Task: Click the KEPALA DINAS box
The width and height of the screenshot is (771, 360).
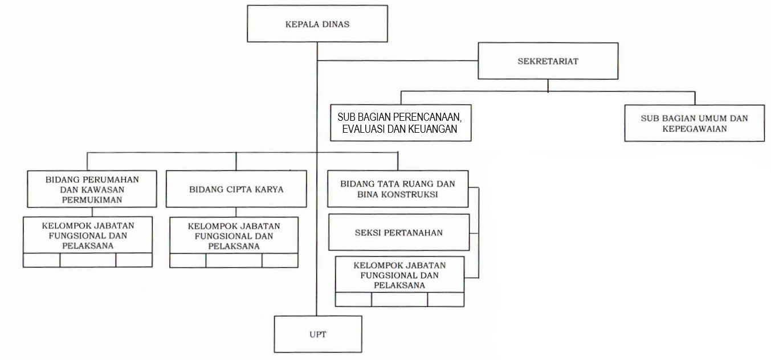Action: click(x=317, y=24)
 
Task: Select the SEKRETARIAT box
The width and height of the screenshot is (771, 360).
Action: click(x=548, y=61)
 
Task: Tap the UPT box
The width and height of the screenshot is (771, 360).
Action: click(x=318, y=334)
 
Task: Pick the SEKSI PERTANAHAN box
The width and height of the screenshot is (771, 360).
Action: click(x=399, y=232)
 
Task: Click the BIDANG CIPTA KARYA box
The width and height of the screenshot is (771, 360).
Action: click(x=236, y=189)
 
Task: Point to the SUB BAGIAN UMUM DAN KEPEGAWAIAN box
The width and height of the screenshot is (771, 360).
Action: click(x=695, y=123)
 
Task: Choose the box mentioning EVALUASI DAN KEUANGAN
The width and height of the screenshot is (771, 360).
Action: click(x=401, y=123)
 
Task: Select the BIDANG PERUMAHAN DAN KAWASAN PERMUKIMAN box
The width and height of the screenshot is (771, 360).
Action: click(x=92, y=189)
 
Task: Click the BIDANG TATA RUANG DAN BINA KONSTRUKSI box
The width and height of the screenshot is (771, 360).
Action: click(x=398, y=189)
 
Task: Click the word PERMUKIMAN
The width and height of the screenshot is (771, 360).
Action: click(x=92, y=200)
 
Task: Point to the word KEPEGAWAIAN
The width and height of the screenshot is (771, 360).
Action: click(x=695, y=129)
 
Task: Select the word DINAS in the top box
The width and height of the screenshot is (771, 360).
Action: click(x=336, y=24)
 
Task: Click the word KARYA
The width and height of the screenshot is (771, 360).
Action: click(x=269, y=189)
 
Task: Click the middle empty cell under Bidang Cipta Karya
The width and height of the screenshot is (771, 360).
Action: click(x=234, y=260)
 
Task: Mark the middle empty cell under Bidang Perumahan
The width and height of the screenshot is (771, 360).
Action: click(x=88, y=260)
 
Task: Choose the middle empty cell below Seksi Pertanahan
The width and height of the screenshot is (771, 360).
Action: click(x=399, y=300)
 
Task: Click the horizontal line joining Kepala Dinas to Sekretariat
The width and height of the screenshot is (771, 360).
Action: click(x=398, y=60)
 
